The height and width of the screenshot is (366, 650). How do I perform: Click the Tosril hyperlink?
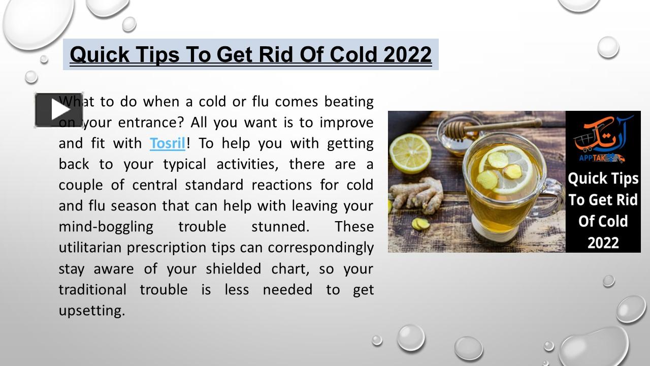coord(168,143)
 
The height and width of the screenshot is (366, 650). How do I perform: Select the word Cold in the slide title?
coord(354,54)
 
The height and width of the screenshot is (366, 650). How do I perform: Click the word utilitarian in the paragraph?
coord(90,248)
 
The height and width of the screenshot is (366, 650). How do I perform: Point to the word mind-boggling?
coord(106,227)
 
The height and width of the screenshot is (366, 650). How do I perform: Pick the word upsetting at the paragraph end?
coord(91,311)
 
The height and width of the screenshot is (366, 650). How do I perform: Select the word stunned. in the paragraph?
coord(280,227)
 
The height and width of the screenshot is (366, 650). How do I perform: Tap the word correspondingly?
coord(321,248)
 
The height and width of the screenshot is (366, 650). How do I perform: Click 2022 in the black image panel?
coord(603,242)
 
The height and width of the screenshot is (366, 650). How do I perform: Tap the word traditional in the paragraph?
coord(92,290)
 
